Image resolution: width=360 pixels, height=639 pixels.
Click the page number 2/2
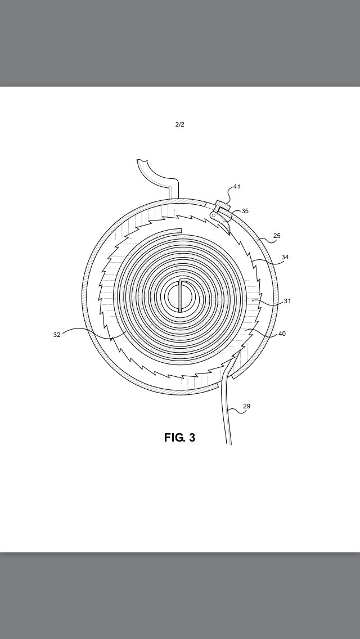click(180, 124)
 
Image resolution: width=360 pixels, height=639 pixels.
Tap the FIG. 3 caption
click(180, 438)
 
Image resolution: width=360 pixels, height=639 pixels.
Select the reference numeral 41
click(237, 187)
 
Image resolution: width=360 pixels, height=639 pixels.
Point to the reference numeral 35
click(245, 211)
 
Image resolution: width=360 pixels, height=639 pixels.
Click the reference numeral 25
click(277, 236)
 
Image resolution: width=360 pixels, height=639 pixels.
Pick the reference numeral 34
click(285, 257)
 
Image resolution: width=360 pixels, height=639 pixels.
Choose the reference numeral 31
click(287, 301)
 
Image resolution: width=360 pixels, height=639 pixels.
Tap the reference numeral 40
click(282, 334)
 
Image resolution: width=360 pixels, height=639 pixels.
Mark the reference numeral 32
click(57, 335)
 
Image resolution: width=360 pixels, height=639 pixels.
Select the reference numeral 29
click(247, 406)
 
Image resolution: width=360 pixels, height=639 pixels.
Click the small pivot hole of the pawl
click(213, 215)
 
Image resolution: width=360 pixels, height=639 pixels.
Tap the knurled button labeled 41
click(223, 205)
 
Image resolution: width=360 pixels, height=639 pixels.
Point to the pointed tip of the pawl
click(229, 234)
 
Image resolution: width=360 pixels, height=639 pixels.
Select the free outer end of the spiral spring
click(181, 231)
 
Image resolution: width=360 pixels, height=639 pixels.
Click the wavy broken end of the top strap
click(142, 160)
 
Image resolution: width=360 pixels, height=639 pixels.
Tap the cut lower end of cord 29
click(229, 444)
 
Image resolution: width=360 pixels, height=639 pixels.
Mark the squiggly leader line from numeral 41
click(229, 196)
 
